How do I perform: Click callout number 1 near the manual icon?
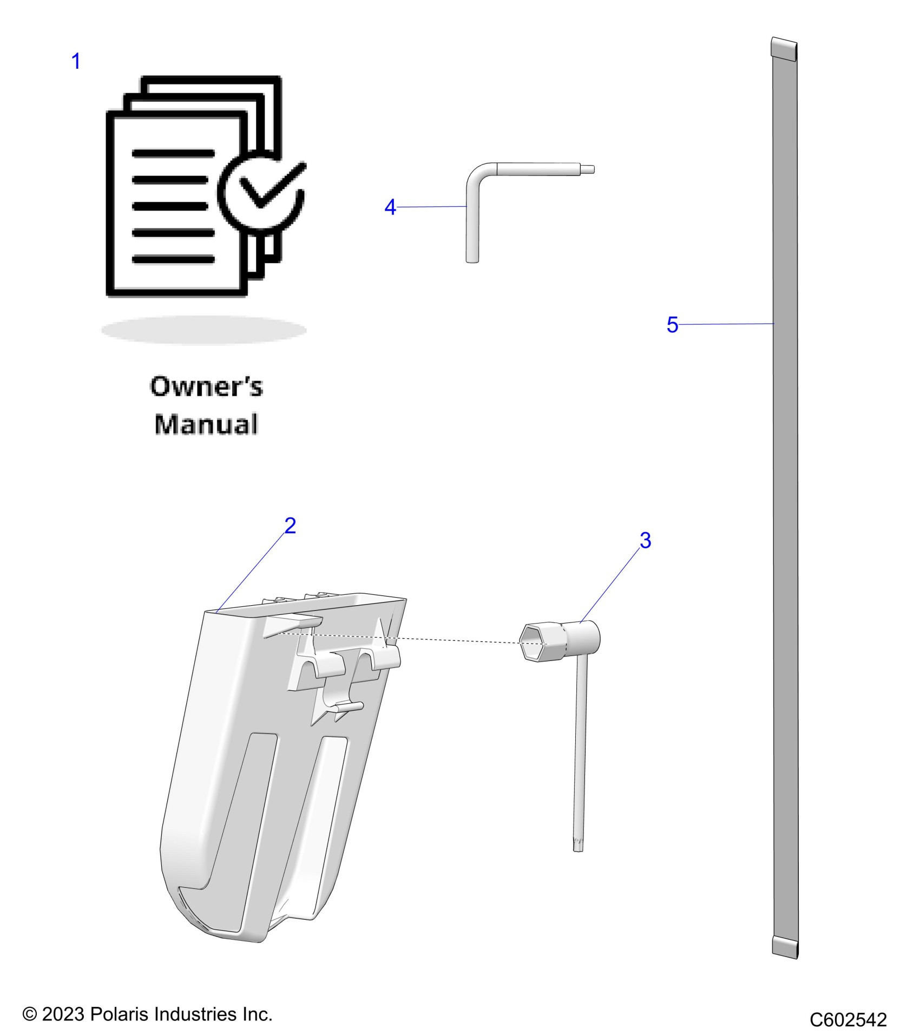point(76,61)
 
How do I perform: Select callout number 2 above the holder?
point(290,526)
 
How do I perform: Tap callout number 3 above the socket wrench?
point(645,540)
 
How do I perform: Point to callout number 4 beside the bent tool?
point(390,207)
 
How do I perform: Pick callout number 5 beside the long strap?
point(672,325)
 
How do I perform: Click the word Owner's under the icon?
point(206,387)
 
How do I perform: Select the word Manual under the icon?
point(206,424)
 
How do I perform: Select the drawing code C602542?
point(848,1020)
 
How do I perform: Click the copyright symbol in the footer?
point(29,1014)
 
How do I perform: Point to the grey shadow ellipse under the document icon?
point(204,330)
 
